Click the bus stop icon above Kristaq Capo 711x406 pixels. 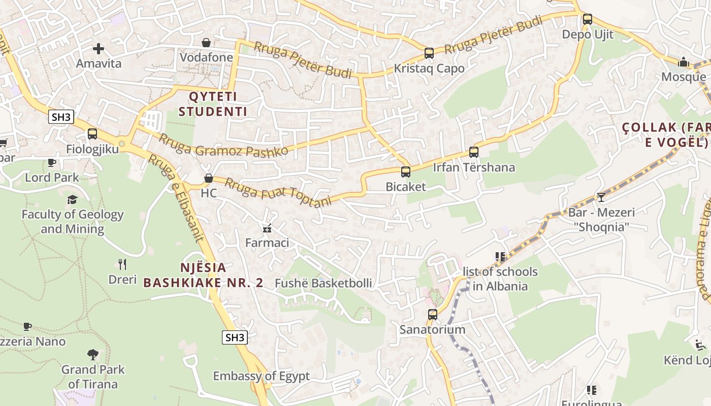pyautogui.click(x=429, y=53)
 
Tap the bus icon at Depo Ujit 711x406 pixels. pyautogui.click(x=588, y=20)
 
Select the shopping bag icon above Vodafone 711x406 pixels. pyautogui.click(x=207, y=43)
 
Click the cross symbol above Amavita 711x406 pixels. pyautogui.click(x=99, y=49)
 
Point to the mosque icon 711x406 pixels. pyautogui.click(x=684, y=62)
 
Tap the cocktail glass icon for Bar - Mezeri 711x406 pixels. pyautogui.click(x=601, y=197)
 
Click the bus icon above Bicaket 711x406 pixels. pyautogui.click(x=405, y=172)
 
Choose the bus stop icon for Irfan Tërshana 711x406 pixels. pyautogui.click(x=474, y=152)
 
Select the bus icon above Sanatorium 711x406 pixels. pyautogui.click(x=432, y=315)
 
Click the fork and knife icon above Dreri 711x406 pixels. pyautogui.click(x=122, y=264)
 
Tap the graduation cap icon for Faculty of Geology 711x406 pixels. pyautogui.click(x=72, y=199)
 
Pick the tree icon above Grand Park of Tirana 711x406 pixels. pyautogui.click(x=93, y=354)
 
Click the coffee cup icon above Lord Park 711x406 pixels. pyautogui.click(x=52, y=162)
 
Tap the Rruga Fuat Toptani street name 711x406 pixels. pyautogui.click(x=278, y=192)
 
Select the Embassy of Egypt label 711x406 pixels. pyautogui.click(x=261, y=377)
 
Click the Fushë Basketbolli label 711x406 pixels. pyautogui.click(x=323, y=283)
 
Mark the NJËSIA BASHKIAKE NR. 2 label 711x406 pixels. pyautogui.click(x=203, y=275)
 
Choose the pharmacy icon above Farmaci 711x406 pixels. pyautogui.click(x=267, y=228)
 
